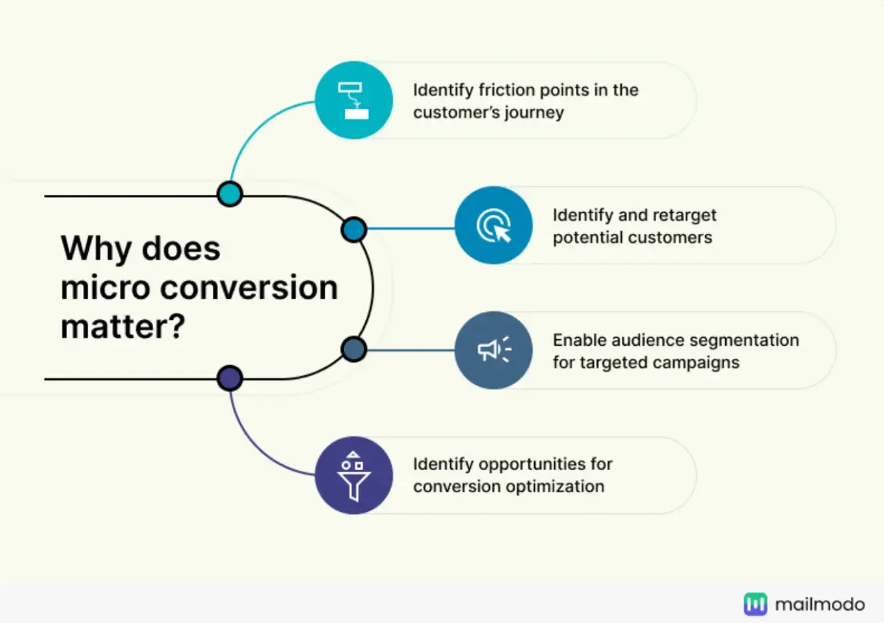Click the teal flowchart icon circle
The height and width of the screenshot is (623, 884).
[x=354, y=100]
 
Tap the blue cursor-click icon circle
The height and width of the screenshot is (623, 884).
[x=494, y=225]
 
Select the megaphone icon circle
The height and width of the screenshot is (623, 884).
[x=494, y=350]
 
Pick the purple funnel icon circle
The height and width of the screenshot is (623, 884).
[x=354, y=475]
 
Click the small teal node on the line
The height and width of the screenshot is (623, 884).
[x=229, y=193]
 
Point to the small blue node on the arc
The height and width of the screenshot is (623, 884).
[x=354, y=230]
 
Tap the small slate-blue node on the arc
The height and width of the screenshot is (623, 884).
[x=354, y=349]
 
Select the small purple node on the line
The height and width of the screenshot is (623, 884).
[x=229, y=378]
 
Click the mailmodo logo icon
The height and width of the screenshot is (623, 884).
[x=756, y=604]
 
